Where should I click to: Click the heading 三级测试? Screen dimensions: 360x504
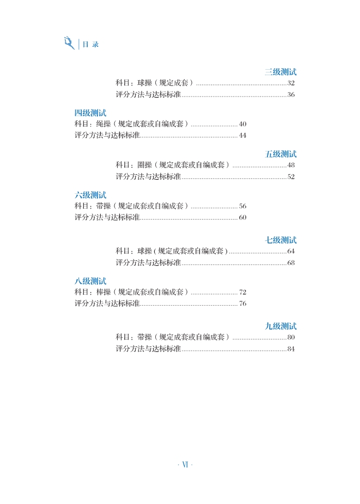(x=280, y=72)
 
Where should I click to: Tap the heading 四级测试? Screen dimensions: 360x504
(x=90, y=113)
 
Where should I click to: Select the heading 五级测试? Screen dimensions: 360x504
(x=280, y=154)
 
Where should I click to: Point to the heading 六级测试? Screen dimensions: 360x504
(x=90, y=195)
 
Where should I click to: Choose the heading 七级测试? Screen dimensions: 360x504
(x=280, y=240)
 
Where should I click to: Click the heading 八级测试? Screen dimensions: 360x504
(x=90, y=281)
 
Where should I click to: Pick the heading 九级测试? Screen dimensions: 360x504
(x=280, y=326)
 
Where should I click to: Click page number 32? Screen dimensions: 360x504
(x=291, y=83)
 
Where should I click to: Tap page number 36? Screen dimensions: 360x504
(x=291, y=95)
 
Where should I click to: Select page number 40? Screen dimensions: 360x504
(x=243, y=124)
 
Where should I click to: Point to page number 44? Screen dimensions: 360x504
(x=243, y=136)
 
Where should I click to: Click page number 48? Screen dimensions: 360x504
(x=291, y=165)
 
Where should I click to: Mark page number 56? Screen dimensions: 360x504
(x=243, y=207)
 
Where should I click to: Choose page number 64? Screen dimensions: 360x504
(x=291, y=251)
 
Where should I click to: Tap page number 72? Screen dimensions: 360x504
(x=243, y=293)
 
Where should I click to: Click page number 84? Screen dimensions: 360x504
(x=291, y=349)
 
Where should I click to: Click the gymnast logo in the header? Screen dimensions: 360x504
(x=69, y=43)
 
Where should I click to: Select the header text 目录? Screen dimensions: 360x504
(x=90, y=45)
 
